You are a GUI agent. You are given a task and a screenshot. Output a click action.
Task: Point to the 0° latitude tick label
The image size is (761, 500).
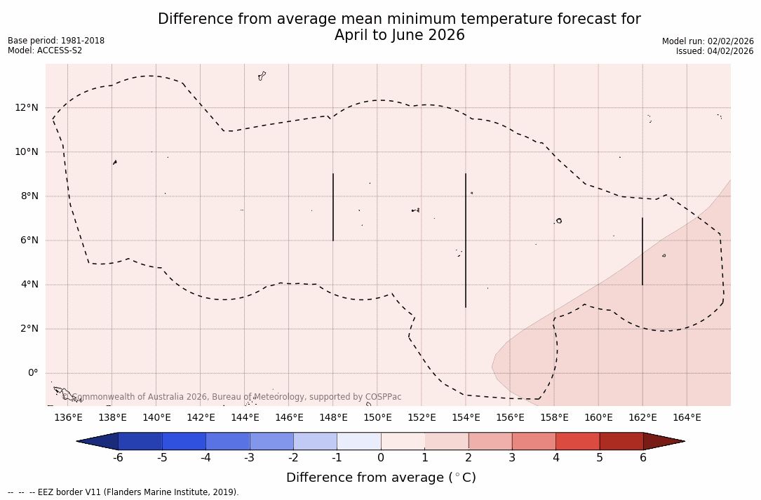32,373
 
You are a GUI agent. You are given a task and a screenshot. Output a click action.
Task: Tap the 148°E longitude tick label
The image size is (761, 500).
333,418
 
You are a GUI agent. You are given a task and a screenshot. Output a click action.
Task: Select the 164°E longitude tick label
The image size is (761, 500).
687,418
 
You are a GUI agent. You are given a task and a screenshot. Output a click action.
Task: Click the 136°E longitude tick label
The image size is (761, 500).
68,418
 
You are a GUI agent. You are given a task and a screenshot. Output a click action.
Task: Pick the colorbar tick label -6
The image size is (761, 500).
118,458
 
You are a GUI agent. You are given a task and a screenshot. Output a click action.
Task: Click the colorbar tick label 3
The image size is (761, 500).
512,458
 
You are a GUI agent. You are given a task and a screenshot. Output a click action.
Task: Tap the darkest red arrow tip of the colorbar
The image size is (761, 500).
663,441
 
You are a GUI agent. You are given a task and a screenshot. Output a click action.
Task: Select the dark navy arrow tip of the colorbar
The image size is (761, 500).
98,441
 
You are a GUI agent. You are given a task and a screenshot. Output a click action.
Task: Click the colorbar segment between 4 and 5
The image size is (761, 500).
577,441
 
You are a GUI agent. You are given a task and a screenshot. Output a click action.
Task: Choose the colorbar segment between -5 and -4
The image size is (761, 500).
184,441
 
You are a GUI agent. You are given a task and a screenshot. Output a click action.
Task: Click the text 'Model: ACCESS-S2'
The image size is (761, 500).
45,50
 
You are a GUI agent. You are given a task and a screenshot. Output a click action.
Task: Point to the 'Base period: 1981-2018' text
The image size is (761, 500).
56,41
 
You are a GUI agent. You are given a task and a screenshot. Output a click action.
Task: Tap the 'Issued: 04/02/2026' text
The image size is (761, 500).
715,51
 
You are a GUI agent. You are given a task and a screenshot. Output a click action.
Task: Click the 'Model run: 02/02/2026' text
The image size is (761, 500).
708,41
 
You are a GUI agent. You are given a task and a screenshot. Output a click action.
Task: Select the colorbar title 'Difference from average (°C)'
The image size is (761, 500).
381,478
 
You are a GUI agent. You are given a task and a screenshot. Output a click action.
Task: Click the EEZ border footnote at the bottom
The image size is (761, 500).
123,492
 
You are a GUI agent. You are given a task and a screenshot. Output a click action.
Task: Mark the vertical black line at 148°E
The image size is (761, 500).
333,207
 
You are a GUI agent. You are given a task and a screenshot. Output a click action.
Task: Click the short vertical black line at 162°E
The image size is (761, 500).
642,251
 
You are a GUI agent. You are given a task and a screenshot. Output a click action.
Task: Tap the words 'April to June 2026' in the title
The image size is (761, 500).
399,35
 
